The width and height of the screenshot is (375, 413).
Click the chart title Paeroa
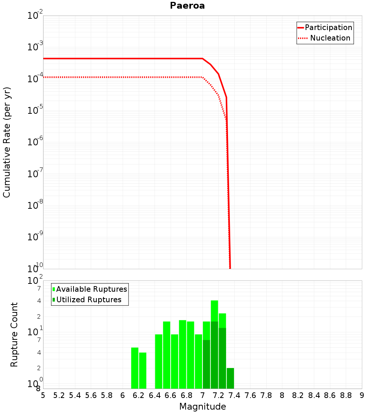pos(187,6)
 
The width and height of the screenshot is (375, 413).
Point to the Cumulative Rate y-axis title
pos(7,142)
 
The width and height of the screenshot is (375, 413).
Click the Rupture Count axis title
pos(14,335)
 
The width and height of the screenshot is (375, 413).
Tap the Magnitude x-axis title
pos(202,407)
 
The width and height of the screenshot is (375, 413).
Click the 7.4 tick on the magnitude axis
pos(234,395)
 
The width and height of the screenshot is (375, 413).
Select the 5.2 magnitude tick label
pos(59,395)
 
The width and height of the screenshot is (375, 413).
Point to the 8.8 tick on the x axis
pos(346,395)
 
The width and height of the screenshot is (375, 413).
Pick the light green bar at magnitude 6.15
pos(135,368)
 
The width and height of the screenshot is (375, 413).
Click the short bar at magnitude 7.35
pos(230,378)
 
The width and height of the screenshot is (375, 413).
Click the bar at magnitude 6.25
pos(142,370)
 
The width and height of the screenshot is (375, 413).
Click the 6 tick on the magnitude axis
pos(123,395)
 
